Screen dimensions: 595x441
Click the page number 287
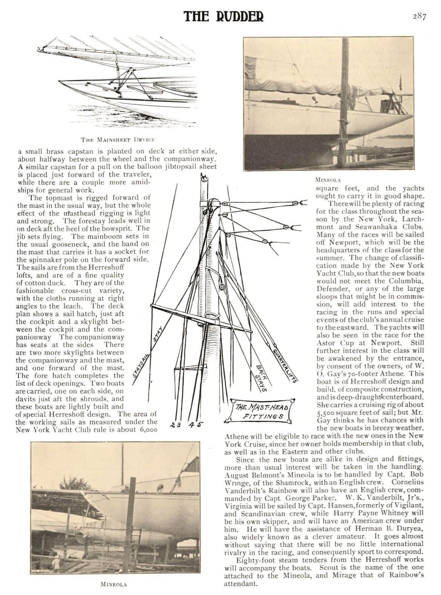[418, 17]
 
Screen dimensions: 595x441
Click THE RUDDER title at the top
[224, 16]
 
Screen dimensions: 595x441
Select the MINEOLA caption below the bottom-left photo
[113, 584]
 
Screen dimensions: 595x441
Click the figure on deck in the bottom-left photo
[161, 487]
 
